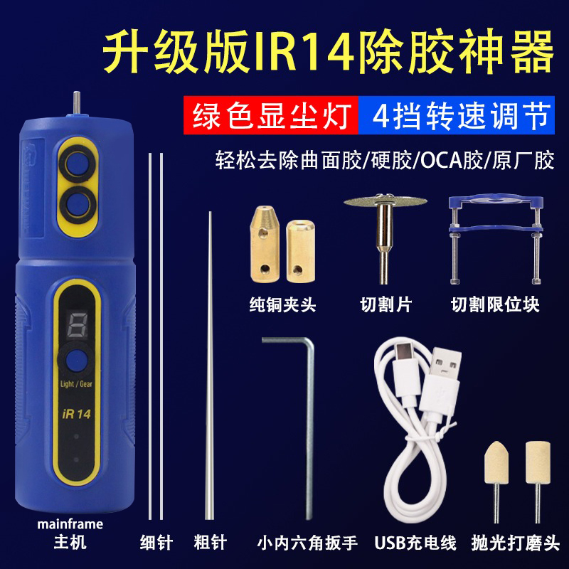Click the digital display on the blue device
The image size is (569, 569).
coord(78,325)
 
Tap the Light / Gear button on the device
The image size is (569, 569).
coord(77,361)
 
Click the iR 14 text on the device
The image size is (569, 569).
coord(76,414)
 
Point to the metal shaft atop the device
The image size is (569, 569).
coord(77,102)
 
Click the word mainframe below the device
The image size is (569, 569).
coord(70,524)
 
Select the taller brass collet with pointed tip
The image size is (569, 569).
coord(265,244)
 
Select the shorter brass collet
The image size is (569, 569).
coord(300,251)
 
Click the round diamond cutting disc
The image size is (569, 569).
coord(385,201)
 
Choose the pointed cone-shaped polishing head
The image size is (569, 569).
coord(496,479)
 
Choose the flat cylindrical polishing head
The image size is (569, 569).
coord(538,479)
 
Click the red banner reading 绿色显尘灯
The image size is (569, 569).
coord(271,115)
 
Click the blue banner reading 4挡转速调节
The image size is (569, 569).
coord(457,115)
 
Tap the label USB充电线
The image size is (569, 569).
coord(415,543)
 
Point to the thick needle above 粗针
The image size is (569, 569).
coord(210,366)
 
